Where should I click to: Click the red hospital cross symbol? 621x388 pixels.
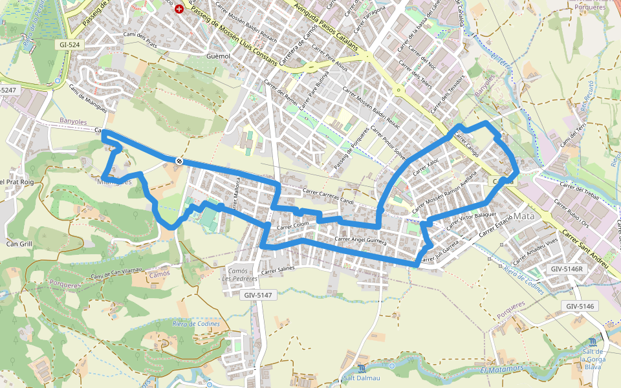179,11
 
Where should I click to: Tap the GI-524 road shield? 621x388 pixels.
70,45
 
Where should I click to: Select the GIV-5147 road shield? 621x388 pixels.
259,295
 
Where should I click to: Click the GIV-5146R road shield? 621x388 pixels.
567,268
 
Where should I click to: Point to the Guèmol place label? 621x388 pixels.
217,56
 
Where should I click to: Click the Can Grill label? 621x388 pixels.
19,244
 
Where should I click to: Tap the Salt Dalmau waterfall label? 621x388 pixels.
362,378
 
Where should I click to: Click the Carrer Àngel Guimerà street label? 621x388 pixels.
360,240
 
